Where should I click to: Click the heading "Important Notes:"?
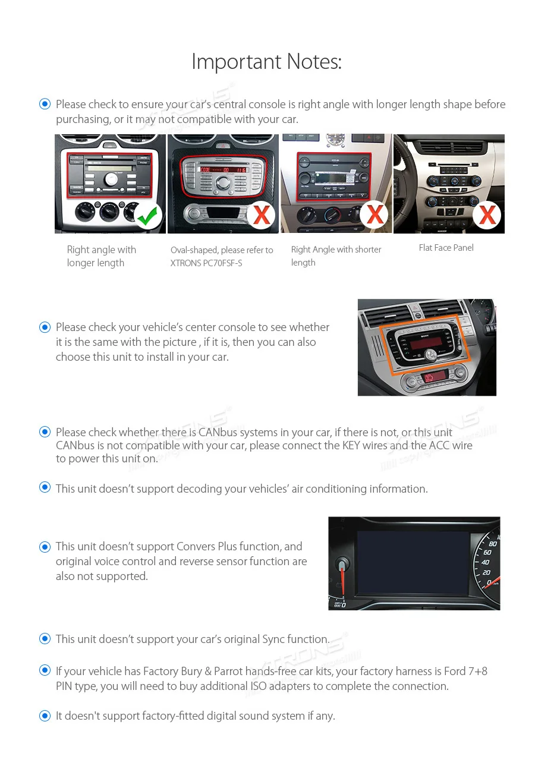click(266, 61)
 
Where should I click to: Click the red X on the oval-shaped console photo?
click(261, 215)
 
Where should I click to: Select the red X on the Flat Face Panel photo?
click(487, 215)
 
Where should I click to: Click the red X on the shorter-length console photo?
click(374, 215)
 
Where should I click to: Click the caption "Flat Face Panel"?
click(446, 248)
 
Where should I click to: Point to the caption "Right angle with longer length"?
click(101, 256)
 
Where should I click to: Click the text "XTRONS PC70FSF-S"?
click(206, 263)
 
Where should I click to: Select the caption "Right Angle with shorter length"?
click(336, 256)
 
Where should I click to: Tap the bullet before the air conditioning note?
click(45, 488)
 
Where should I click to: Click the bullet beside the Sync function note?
click(45, 639)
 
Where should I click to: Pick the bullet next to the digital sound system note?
click(45, 716)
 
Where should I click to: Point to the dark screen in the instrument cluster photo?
click(413, 561)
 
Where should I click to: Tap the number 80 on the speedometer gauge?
click(492, 543)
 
